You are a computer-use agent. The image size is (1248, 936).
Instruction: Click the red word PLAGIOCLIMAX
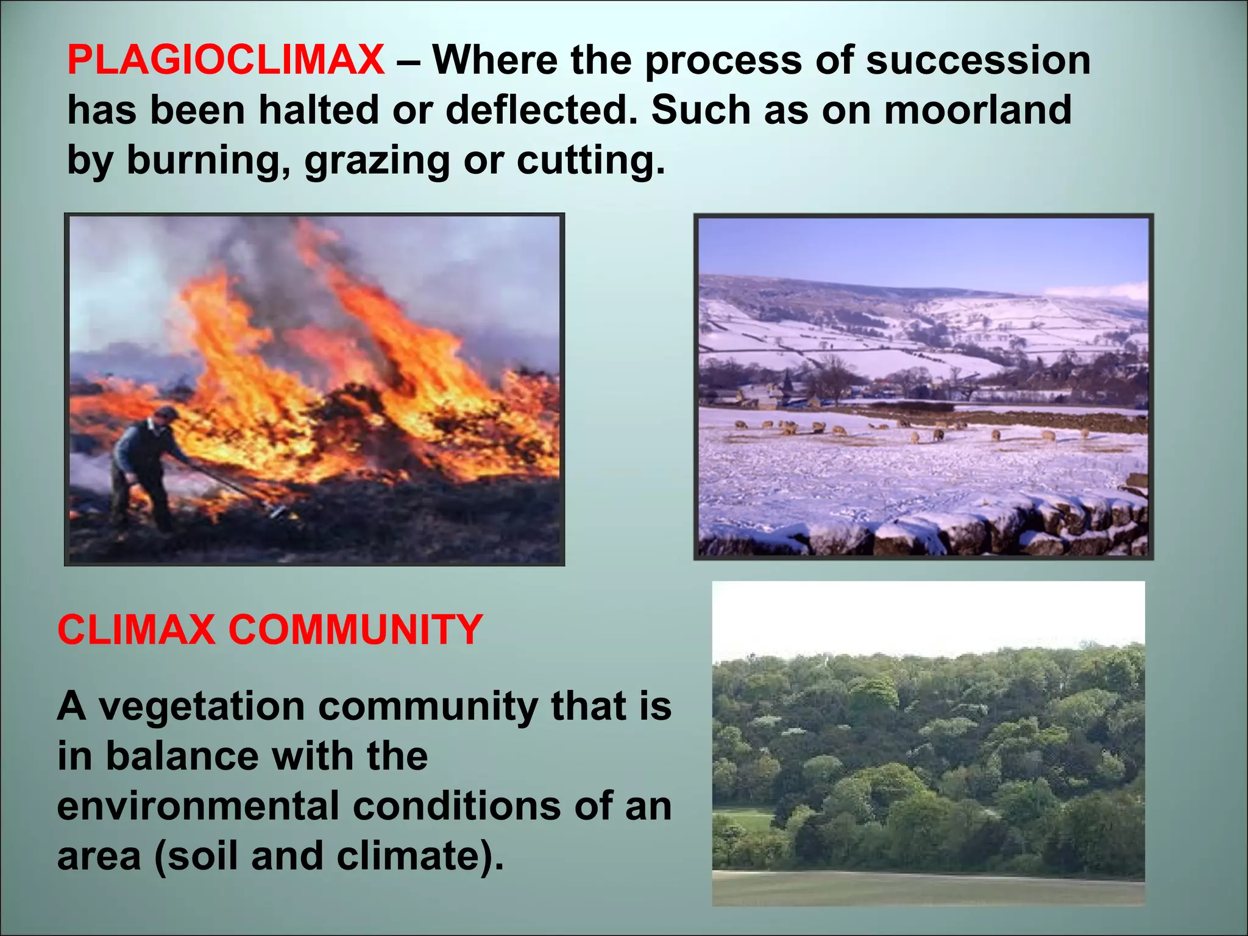[225, 60]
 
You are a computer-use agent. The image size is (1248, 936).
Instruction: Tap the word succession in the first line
[978, 60]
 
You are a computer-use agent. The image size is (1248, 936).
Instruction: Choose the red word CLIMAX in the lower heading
[136, 629]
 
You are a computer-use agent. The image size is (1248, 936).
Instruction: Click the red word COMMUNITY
[355, 629]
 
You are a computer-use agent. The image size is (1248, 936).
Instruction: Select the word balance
[182, 756]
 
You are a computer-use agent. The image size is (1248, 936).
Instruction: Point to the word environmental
[198, 806]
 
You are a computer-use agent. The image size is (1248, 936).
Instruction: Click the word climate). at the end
[420, 856]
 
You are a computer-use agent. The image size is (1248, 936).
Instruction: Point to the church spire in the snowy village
[787, 381]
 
